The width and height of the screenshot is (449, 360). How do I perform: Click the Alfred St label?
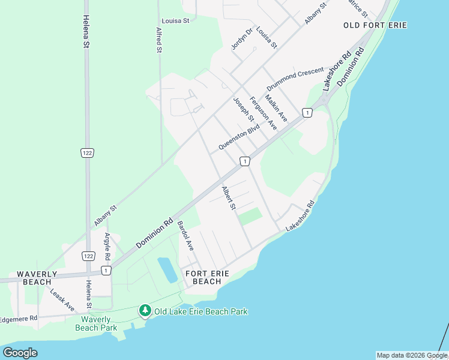[159, 40]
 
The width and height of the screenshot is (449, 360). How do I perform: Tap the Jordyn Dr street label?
[239, 38]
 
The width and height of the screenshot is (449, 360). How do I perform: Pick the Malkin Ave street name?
[276, 108]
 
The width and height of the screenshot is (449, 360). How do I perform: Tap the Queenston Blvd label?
[239, 137]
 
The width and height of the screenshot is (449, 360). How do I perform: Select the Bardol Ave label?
[185, 236]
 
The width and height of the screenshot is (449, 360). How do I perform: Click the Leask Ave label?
[62, 299]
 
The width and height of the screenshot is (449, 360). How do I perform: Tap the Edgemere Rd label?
[18, 318]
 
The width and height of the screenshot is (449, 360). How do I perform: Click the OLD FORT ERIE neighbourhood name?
[375, 25]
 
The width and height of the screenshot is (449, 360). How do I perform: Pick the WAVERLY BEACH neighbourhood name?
[37, 278]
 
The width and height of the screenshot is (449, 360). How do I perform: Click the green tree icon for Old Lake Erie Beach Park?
[145, 311]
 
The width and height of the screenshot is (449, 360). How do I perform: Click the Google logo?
[20, 353]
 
